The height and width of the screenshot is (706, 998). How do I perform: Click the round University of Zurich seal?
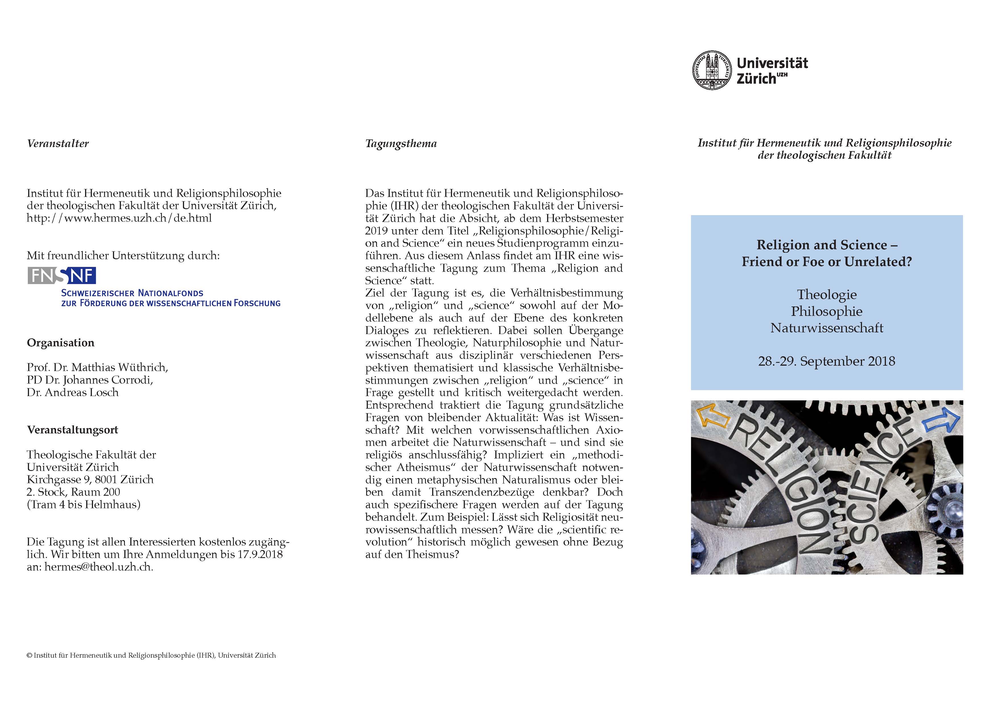click(x=712, y=70)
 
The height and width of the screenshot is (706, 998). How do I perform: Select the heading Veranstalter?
click(x=58, y=143)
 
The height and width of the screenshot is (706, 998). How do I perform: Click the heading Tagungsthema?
click(x=401, y=143)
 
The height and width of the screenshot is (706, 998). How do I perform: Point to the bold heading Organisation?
click(x=60, y=343)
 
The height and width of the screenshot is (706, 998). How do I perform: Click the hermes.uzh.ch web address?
click(x=119, y=218)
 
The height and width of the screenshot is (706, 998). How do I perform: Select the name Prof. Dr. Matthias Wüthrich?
click(x=97, y=367)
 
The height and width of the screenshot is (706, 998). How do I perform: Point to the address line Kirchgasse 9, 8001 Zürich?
click(x=90, y=479)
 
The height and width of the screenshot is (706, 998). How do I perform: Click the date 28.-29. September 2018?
click(x=826, y=361)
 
